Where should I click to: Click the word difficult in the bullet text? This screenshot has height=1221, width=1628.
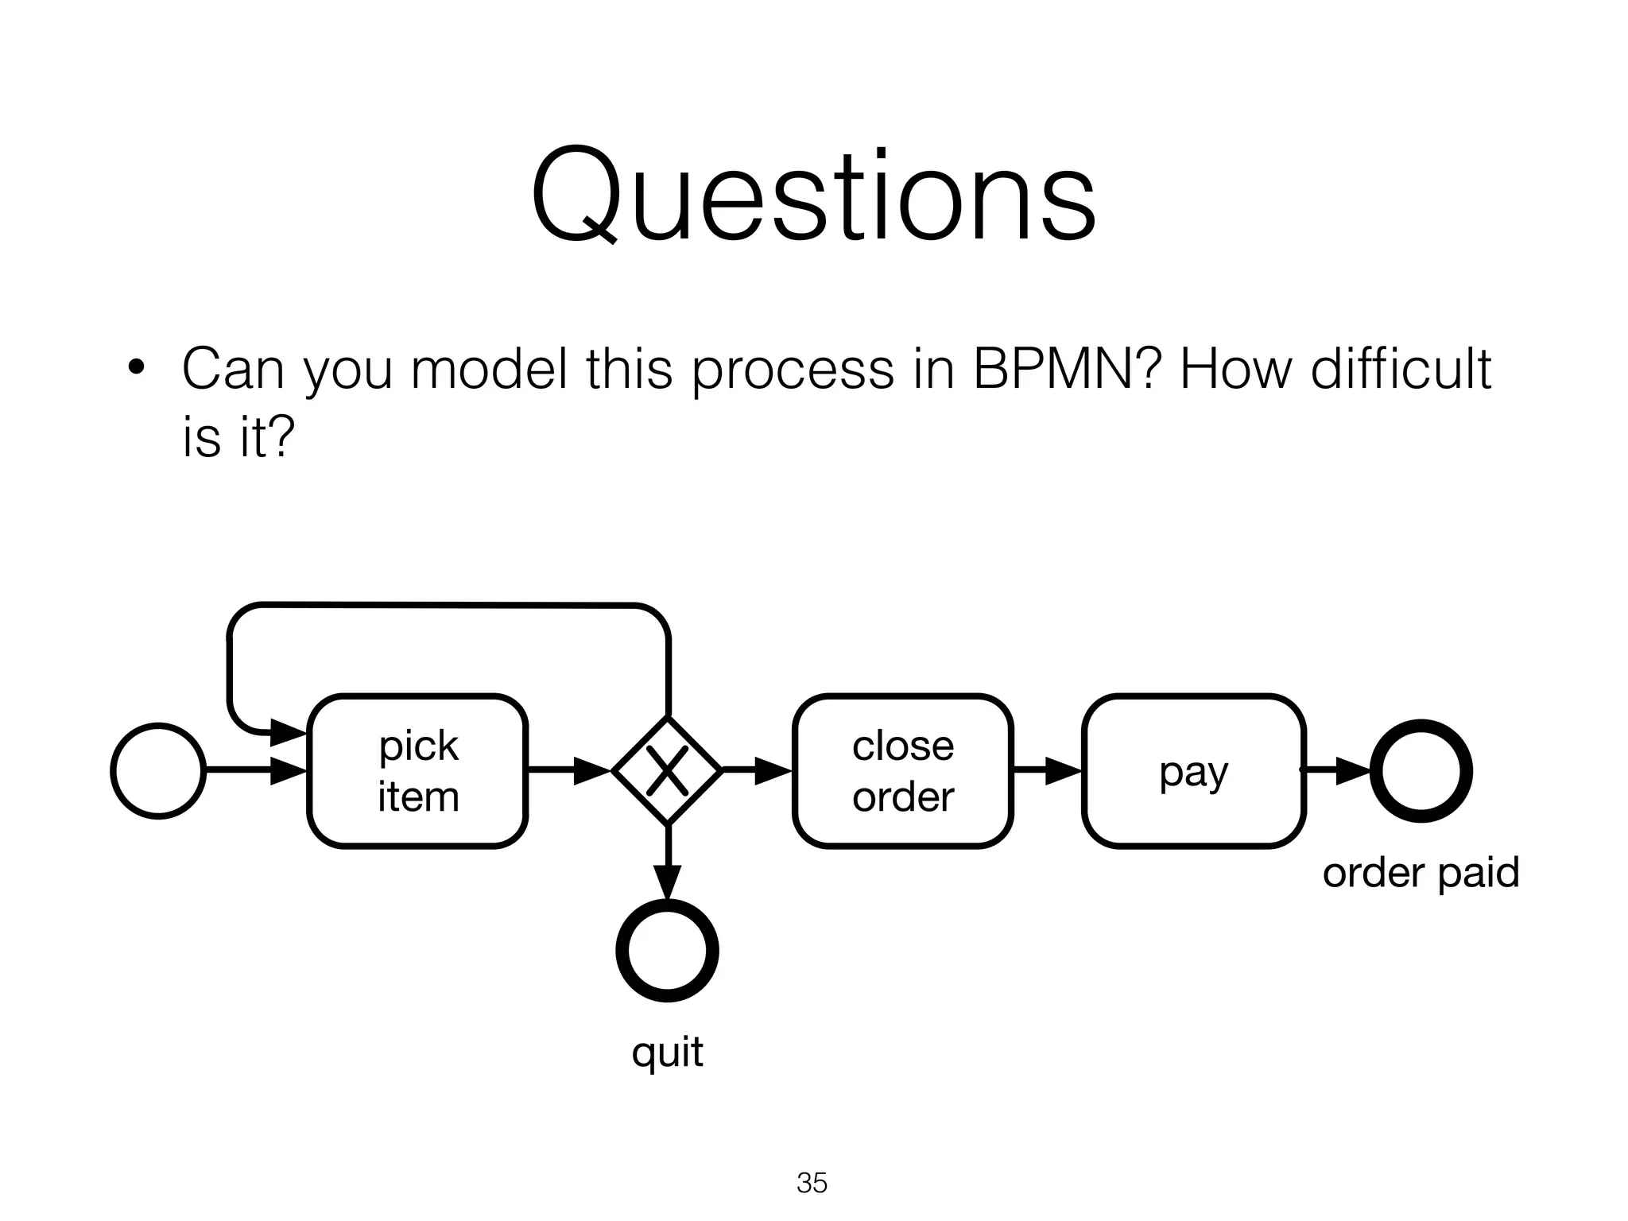click(1401, 369)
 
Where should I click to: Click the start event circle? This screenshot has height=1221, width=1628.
click(159, 770)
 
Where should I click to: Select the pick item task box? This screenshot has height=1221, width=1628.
click(418, 771)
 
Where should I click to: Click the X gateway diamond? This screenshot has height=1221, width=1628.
click(667, 770)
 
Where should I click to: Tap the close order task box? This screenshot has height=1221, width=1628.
click(903, 771)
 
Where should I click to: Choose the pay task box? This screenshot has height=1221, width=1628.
click(1194, 771)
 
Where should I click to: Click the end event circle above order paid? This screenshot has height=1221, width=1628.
click(1421, 770)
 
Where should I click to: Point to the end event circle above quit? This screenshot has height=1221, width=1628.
click(668, 950)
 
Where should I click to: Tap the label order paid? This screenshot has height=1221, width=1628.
click(1421, 872)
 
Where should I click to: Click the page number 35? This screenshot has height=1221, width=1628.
click(812, 1183)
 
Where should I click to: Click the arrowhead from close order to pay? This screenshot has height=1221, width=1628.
click(1063, 770)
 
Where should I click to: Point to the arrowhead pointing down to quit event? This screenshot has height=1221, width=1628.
click(668, 882)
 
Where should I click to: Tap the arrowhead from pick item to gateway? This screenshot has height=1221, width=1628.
click(591, 770)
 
